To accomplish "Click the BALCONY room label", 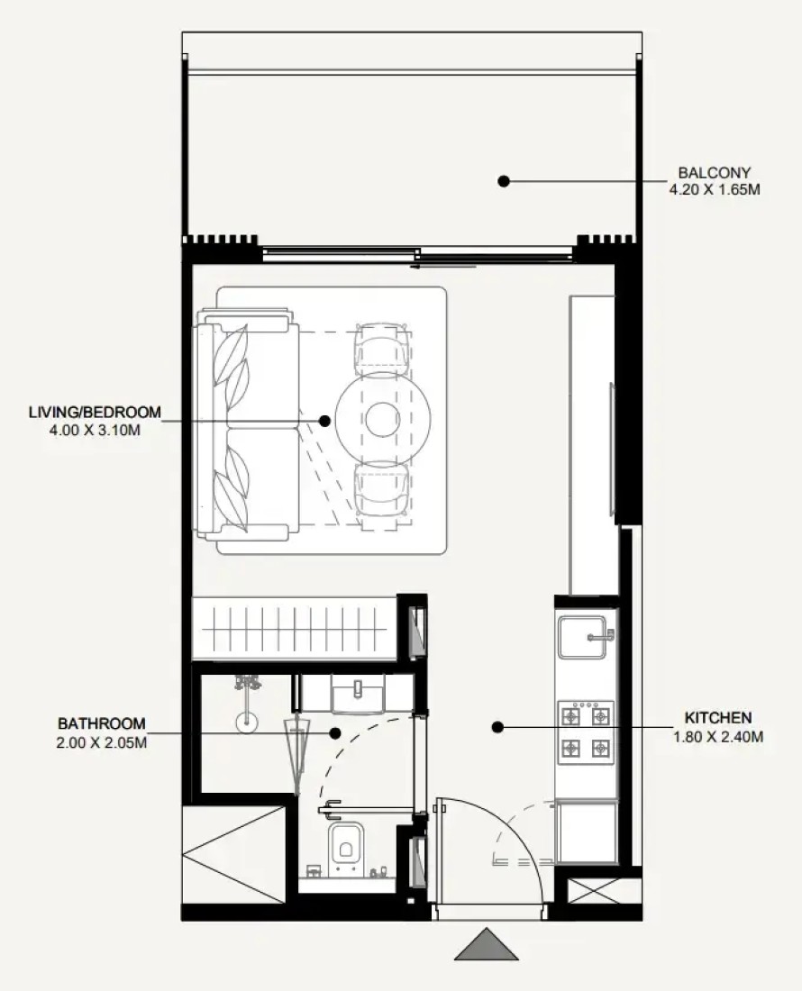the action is point(715,173).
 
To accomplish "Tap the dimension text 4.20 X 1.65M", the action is point(715,189).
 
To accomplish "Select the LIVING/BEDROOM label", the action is point(95,413).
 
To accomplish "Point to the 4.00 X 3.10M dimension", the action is point(95,431).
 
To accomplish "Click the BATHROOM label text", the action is point(102,723).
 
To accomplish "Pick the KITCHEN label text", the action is point(718,718).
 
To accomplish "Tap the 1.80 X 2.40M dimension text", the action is point(718,737).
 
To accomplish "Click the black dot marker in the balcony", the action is point(504,181).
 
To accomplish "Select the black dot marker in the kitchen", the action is point(497,727).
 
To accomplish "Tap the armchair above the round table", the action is point(382,350).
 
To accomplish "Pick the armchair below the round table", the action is point(382,490).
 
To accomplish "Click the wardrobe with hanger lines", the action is point(295,629).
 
